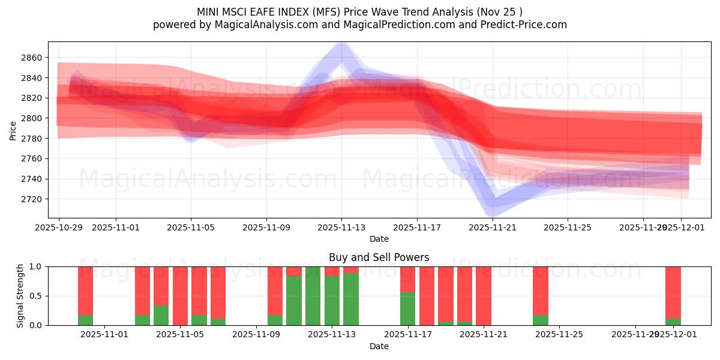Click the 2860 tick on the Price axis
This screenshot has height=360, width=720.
pos(31,58)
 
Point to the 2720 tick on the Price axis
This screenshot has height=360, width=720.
pos(31,199)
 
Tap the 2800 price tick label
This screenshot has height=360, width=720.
pos(31,118)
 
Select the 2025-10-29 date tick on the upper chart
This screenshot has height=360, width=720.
pos(59,228)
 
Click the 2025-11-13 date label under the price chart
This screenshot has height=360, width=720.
pos(341,228)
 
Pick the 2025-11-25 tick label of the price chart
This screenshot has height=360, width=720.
pos(568,228)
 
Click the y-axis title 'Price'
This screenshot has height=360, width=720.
pos(13,130)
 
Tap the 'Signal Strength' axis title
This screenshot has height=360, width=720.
pos(20,296)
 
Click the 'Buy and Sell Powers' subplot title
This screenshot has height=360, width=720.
pos(379,257)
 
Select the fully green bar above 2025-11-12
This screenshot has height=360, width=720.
pos(313,296)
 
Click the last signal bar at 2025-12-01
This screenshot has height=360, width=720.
pos(673,296)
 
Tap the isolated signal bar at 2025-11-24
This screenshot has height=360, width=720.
pos(541,296)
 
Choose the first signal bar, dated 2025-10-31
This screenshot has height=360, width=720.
pos(86,296)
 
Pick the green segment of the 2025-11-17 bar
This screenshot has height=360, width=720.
pos(407,309)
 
